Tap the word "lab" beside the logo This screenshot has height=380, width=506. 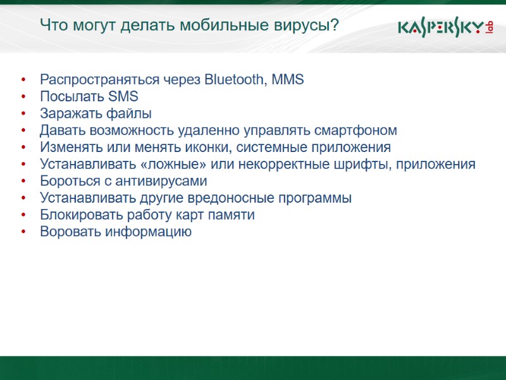(x=489, y=27)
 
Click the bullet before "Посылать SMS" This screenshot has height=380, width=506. (x=23, y=97)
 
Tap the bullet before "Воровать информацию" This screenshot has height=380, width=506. (x=23, y=232)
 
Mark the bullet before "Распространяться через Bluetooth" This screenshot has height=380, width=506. (x=23, y=80)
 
